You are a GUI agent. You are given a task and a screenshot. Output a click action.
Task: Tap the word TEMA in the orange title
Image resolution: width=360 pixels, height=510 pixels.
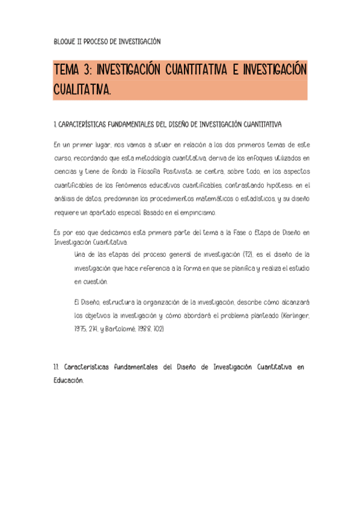pos(67,70)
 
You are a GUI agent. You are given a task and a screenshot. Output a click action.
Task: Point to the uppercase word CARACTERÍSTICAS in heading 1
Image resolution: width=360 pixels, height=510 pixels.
pos(82,124)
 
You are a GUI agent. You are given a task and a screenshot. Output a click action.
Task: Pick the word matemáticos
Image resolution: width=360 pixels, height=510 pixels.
pos(216,198)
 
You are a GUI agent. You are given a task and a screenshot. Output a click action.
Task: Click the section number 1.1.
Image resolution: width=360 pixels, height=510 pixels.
pos(56,366)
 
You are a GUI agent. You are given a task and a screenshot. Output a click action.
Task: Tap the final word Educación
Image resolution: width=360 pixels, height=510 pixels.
pos(68,380)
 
